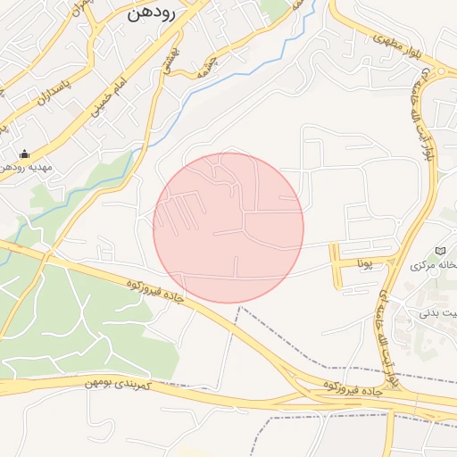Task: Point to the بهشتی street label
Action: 169,61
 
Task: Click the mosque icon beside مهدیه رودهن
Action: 24,153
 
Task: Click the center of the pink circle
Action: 228,228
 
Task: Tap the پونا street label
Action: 364,264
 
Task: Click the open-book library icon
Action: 437,251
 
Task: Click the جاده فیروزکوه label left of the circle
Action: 154,295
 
